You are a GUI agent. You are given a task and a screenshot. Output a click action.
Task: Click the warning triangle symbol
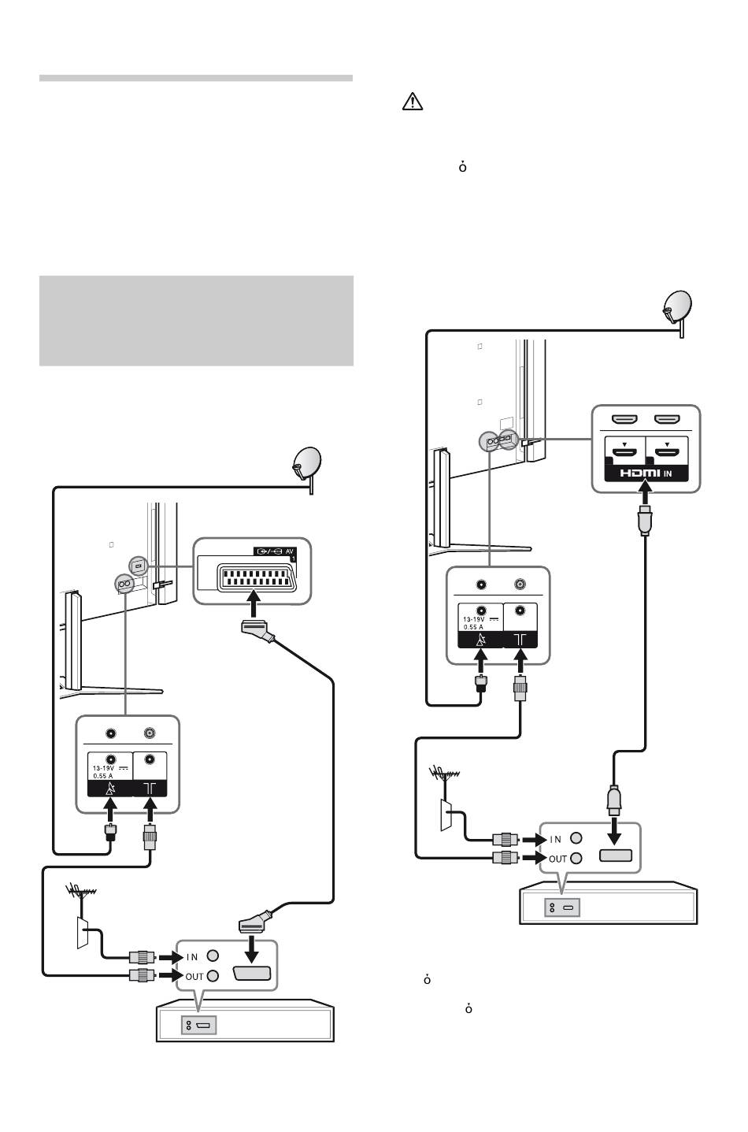412,102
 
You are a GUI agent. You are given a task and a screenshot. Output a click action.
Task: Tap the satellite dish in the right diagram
678,310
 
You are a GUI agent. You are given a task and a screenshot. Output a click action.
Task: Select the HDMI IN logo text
646,473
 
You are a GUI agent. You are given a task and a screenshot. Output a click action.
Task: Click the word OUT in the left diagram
194,976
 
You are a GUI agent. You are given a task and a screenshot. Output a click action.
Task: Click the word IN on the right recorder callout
556,840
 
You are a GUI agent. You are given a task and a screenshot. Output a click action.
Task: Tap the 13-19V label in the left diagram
103,768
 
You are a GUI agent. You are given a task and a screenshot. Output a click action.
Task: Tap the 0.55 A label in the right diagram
473,626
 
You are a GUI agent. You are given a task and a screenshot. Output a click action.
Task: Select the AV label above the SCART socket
290,551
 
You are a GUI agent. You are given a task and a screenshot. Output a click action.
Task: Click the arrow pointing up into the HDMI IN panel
645,492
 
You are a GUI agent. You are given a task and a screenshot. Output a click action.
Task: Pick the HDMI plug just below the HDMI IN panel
645,520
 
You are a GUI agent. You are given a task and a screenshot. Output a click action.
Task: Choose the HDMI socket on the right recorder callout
616,855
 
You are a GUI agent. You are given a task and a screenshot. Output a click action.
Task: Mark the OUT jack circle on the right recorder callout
576,858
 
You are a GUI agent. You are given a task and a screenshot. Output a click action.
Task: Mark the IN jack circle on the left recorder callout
213,956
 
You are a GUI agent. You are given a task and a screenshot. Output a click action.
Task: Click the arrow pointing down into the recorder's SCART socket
251,948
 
